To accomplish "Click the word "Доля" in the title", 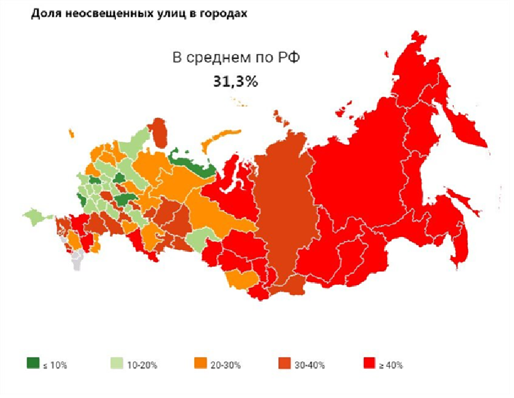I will tap(44, 14).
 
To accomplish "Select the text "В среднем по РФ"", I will tap(235, 59).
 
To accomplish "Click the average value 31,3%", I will tap(235, 81).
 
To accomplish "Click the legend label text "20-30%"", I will tap(226, 365).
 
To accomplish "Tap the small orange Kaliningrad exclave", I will tap(71, 132).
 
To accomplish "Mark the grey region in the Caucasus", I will tap(77, 260).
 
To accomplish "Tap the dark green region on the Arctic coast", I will tap(193, 161).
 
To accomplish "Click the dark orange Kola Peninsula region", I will tap(159, 130).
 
